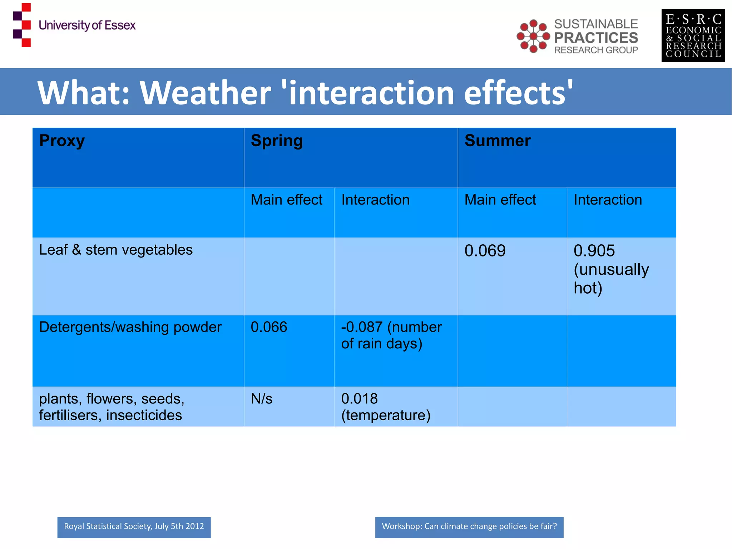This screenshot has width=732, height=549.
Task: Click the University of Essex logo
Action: pyautogui.click(x=74, y=25)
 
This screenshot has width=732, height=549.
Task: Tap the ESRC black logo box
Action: pyautogui.click(x=693, y=35)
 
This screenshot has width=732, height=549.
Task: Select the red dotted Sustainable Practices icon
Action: pyautogui.click(x=533, y=36)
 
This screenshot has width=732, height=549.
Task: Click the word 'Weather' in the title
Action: pyautogui.click(x=205, y=93)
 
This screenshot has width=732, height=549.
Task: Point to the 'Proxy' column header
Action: pyautogui.click(x=62, y=141)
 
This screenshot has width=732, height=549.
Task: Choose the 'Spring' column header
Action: pyautogui.click(x=277, y=141)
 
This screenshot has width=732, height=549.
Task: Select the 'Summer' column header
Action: pyautogui.click(x=497, y=141)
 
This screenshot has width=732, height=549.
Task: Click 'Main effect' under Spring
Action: pyautogui.click(x=286, y=200)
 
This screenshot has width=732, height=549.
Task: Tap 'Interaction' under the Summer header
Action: pyautogui.click(x=608, y=200)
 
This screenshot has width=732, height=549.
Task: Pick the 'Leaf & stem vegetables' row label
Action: pyautogui.click(x=115, y=250)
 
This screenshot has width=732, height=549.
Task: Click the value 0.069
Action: pyautogui.click(x=485, y=251)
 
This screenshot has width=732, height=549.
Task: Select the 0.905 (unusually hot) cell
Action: pyautogui.click(x=610, y=269)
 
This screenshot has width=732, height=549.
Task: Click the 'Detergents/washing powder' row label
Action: pyautogui.click(x=130, y=327)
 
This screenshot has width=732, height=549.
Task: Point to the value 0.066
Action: pyautogui.click(x=269, y=327)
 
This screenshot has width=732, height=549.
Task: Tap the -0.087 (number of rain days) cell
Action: pyautogui.click(x=391, y=335)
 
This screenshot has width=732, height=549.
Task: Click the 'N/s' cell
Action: pyautogui.click(x=261, y=398)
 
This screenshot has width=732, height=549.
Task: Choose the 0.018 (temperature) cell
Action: pyautogui.click(x=385, y=407)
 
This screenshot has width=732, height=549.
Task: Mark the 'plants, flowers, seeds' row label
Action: pyautogui.click(x=112, y=407)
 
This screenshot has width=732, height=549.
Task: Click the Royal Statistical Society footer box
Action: pyautogui.click(x=134, y=527)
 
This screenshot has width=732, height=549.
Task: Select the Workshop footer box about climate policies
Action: pyautogui.click(x=469, y=527)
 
